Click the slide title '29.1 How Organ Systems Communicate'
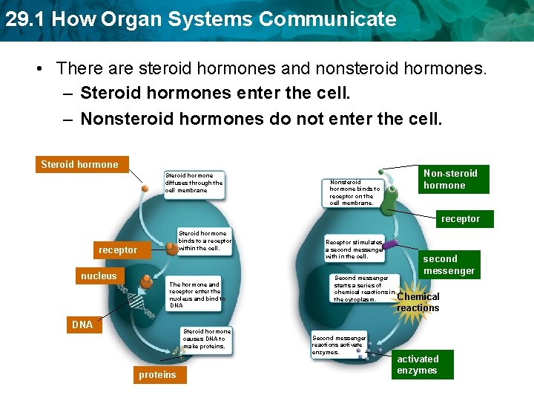pyautogui.click(x=200, y=19)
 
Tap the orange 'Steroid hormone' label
pyautogui.click(x=79, y=164)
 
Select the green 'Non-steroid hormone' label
pyautogui.click(x=450, y=179)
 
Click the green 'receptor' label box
pyautogui.click(x=461, y=219)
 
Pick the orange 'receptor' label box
pyautogui.click(x=118, y=250)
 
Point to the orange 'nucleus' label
pyautogui.click(x=99, y=276)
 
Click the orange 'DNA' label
pyautogui.click(x=82, y=325)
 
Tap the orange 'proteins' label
pyautogui.click(x=157, y=375)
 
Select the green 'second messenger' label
pyautogui.click(x=449, y=264)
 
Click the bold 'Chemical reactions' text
pyautogui.click(x=418, y=302)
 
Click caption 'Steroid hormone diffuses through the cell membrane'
pyautogui.click(x=194, y=183)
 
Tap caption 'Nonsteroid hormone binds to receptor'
pyautogui.click(x=355, y=192)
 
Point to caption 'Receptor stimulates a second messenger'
pyautogui.click(x=355, y=249)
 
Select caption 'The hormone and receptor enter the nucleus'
pyautogui.click(x=195, y=295)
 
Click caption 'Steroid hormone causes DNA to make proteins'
pyautogui.click(x=207, y=339)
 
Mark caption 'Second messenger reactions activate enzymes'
pyautogui.click(x=338, y=345)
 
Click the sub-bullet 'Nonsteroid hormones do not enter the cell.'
pyautogui.click(x=260, y=119)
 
